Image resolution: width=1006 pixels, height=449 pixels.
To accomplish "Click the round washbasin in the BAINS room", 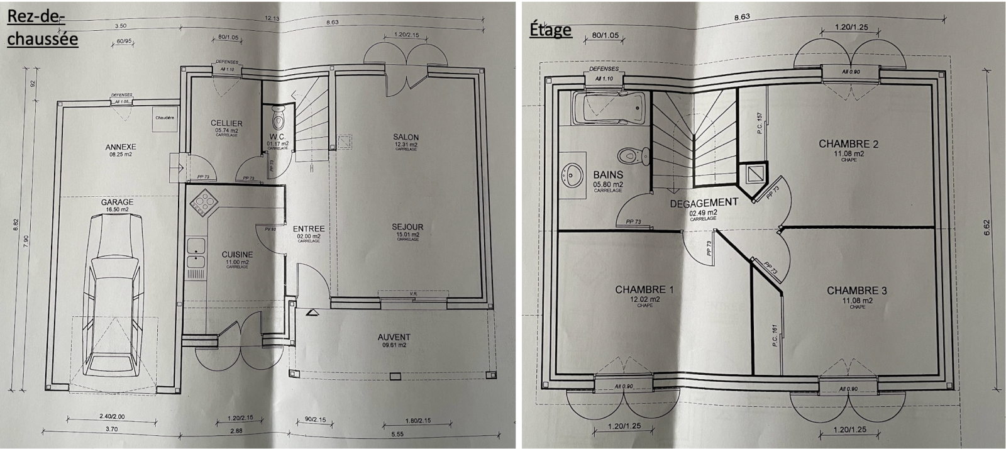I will (573, 172).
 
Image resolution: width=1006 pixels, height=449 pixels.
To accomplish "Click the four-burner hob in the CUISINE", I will (203, 202).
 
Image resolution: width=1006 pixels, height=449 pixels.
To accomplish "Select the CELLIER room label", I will (226, 123).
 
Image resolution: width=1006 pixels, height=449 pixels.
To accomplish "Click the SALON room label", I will (406, 137).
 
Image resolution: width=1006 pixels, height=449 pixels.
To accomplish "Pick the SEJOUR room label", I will (407, 227).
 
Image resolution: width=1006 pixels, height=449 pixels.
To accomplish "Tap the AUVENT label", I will (394, 337).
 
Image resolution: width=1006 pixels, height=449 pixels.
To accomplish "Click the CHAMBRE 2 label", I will (848, 144).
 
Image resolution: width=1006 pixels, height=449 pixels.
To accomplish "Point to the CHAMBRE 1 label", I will (644, 290).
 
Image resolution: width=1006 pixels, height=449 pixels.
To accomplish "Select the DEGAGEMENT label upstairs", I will (703, 203).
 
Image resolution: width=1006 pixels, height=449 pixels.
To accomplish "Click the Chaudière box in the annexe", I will (165, 118).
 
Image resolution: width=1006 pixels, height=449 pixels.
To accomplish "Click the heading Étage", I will (550, 29).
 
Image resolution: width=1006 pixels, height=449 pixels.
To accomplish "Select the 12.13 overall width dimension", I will (272, 18).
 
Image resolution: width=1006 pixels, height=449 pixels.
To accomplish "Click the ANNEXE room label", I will (121, 147).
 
